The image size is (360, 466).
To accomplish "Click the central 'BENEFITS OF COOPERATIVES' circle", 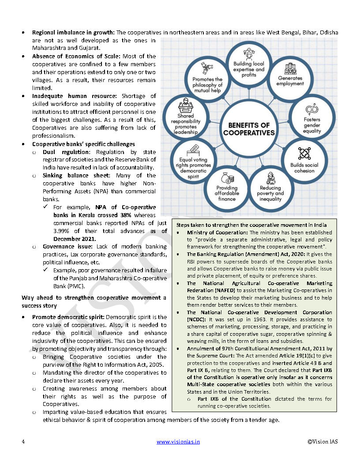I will point(249,128).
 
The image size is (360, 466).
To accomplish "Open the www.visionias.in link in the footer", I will point(178,442).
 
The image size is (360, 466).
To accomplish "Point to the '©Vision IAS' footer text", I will point(323,442).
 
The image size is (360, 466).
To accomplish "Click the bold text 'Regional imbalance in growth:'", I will point(73,33).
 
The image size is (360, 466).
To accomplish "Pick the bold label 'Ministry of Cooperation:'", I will point(217,232).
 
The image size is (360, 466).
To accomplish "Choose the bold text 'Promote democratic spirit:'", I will point(68,317).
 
